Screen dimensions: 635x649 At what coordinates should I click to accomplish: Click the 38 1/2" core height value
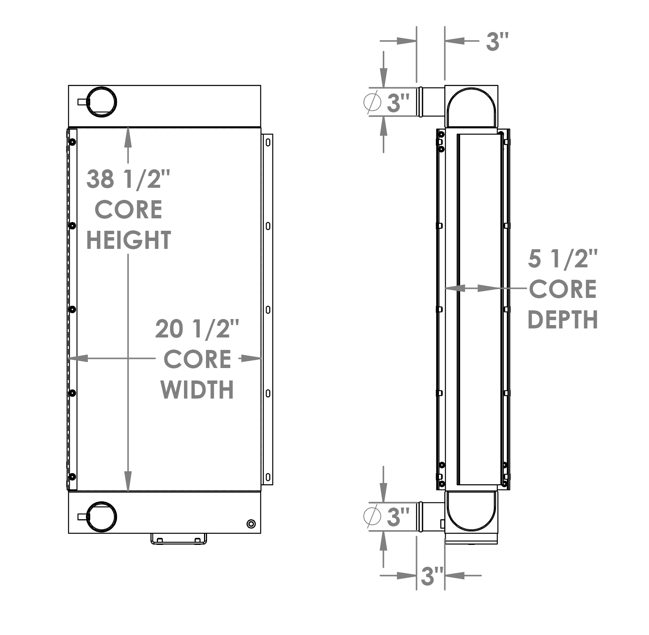click(128, 179)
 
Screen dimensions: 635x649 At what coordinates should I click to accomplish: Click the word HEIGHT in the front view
click(129, 240)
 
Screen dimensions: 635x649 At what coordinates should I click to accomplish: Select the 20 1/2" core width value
click(197, 329)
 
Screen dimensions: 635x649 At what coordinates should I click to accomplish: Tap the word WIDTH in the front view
click(197, 390)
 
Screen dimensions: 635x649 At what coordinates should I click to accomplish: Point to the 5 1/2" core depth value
click(563, 259)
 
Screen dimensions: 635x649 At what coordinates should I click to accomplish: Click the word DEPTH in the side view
click(563, 320)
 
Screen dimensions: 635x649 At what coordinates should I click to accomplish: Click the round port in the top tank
click(102, 102)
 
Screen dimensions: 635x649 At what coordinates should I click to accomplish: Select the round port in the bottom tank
click(102, 517)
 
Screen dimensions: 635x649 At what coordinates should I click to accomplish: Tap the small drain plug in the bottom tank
click(251, 524)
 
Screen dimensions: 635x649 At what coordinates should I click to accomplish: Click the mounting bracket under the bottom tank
click(179, 538)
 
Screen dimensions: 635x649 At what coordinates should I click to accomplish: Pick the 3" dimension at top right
click(497, 41)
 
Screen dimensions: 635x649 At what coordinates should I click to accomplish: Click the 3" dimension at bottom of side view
click(431, 576)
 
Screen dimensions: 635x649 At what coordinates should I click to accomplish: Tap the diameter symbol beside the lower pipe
click(372, 516)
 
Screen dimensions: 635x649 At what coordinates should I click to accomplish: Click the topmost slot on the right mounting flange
click(268, 143)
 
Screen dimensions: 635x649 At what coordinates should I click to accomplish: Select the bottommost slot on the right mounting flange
click(268, 477)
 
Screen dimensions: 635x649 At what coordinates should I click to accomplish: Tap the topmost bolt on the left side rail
click(72, 142)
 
